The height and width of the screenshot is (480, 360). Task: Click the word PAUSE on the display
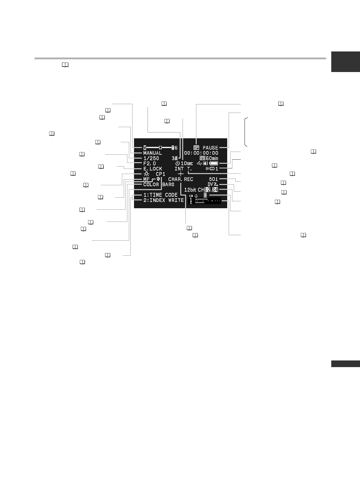(x=210, y=148)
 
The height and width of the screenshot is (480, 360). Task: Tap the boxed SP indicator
(x=196, y=148)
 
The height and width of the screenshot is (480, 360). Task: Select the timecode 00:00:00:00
(x=201, y=153)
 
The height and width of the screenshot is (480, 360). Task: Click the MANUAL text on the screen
(x=152, y=153)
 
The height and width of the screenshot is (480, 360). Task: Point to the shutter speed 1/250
(x=151, y=158)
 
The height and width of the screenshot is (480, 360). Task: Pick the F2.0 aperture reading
(x=149, y=163)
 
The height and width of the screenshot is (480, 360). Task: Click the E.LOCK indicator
(x=152, y=169)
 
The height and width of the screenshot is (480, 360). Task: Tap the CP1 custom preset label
(x=160, y=174)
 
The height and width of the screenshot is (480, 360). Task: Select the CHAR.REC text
(x=181, y=179)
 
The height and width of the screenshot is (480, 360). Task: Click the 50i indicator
(x=213, y=179)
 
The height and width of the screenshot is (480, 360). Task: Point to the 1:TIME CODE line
(x=160, y=195)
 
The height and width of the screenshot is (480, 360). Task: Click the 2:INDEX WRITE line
(x=163, y=200)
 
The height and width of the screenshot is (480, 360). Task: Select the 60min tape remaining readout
(x=209, y=158)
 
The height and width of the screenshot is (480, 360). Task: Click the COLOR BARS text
(x=159, y=184)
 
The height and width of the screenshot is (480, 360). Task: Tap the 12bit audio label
(x=191, y=190)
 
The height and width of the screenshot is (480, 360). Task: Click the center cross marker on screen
(x=181, y=174)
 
